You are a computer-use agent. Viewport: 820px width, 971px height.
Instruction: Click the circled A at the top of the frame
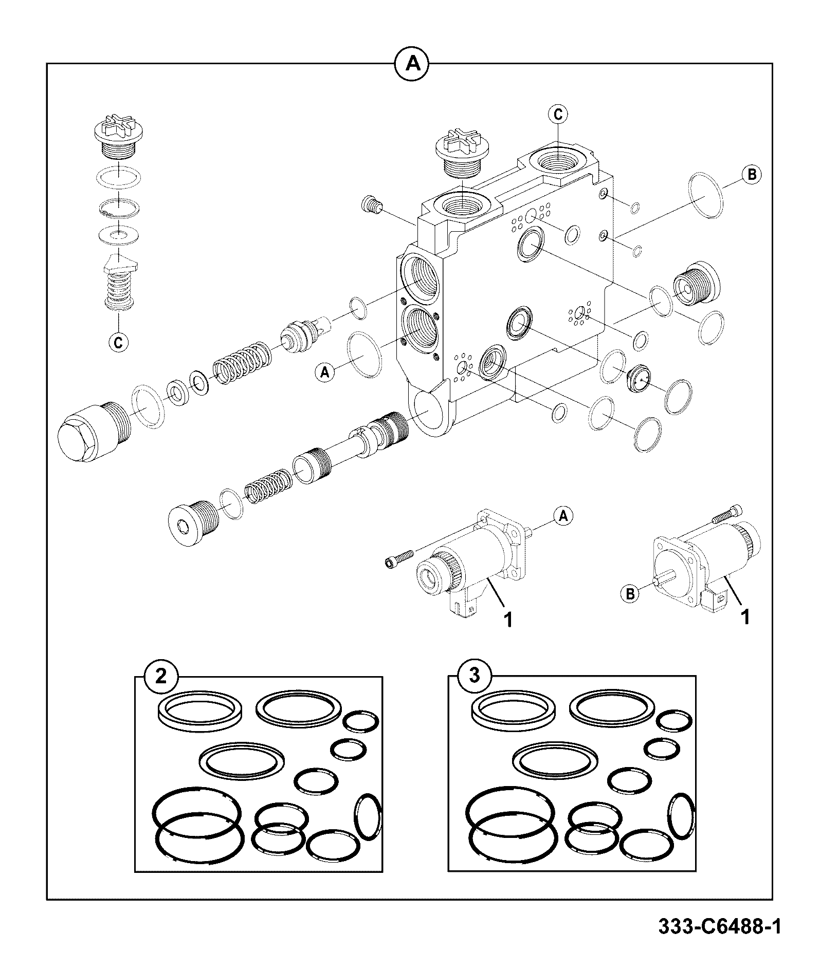(x=411, y=64)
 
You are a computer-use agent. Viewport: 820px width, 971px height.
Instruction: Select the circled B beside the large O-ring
(x=751, y=175)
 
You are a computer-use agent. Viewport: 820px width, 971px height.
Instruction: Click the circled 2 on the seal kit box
(x=161, y=677)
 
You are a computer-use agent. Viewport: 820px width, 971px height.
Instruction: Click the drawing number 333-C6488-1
(x=720, y=927)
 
